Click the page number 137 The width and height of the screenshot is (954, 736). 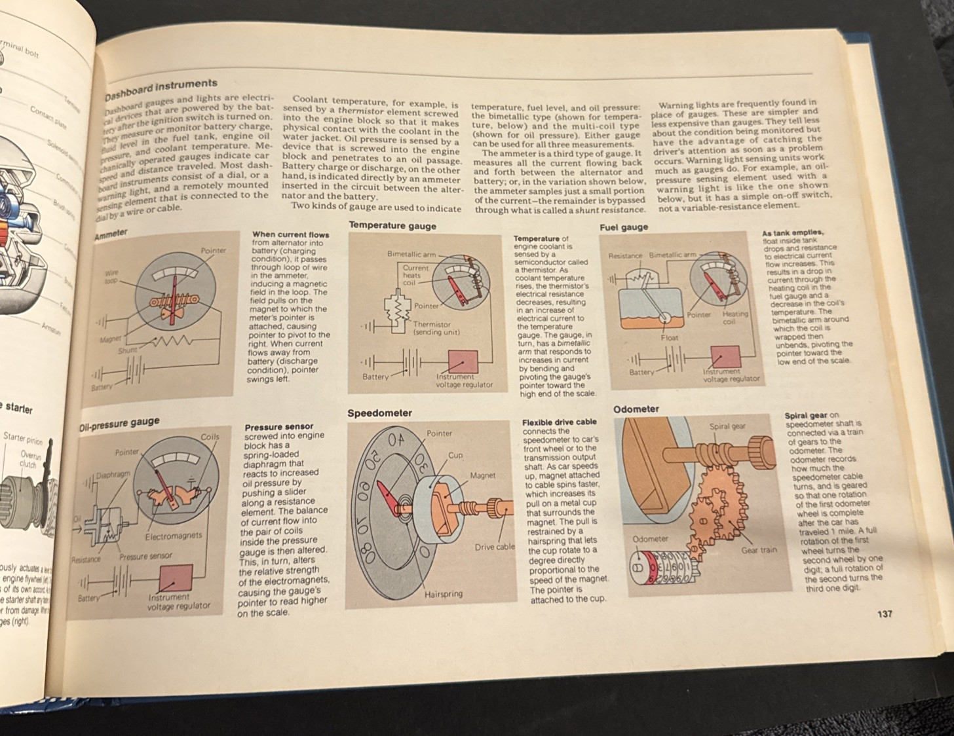point(884,614)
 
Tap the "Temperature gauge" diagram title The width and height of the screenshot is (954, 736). point(392,225)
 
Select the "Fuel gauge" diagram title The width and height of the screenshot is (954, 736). point(624,227)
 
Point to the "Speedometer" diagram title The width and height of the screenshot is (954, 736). point(379,413)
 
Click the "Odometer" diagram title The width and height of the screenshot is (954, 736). point(636,409)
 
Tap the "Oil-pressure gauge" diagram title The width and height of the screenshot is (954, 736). point(119,424)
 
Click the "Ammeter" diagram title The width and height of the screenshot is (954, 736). point(111,234)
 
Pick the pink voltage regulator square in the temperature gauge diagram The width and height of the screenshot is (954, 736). point(463,361)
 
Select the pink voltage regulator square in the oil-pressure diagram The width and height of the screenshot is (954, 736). point(176,578)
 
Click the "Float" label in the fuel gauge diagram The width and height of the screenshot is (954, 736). point(670,337)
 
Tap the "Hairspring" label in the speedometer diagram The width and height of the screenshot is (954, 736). point(443,594)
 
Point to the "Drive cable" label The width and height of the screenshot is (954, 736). point(495,547)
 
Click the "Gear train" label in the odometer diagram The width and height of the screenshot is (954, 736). point(759,550)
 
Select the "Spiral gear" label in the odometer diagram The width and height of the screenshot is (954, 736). point(727,426)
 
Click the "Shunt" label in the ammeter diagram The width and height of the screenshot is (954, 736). point(127,350)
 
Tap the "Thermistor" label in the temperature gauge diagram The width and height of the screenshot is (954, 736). point(432,324)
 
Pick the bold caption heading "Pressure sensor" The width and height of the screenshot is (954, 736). point(278,427)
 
